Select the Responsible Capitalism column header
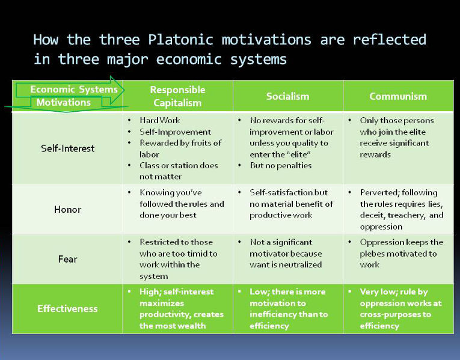(x=177, y=96)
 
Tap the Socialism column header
(x=287, y=96)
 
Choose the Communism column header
(x=398, y=96)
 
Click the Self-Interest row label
(x=68, y=148)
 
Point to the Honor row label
(x=68, y=209)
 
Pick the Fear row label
(x=68, y=259)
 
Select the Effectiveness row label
(x=67, y=309)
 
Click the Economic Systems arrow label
(x=73, y=90)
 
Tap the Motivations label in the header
(x=63, y=102)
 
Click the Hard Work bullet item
(x=159, y=120)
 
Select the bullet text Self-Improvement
(x=175, y=132)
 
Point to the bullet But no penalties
(x=280, y=165)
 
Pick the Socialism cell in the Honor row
(x=288, y=204)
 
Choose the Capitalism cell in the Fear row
(x=178, y=259)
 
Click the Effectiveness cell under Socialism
(x=288, y=309)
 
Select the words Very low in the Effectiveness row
(x=378, y=291)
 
